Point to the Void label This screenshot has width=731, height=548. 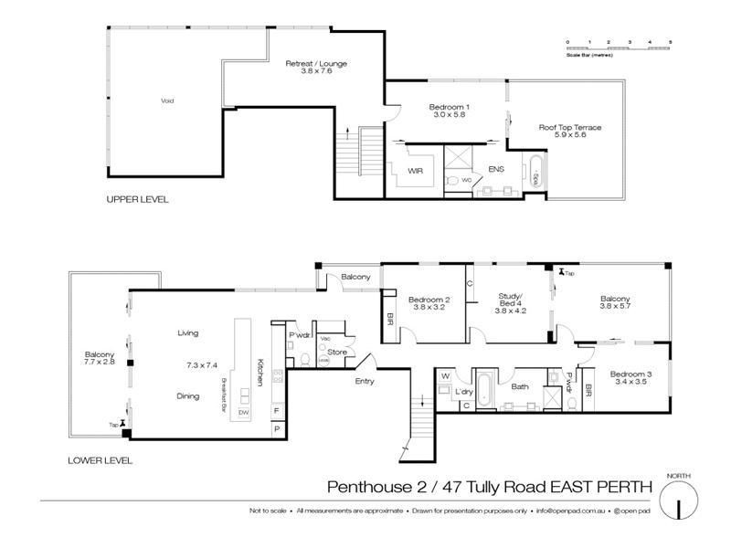point(167,100)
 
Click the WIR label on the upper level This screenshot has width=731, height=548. point(414,170)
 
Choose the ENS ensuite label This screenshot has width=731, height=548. point(496,170)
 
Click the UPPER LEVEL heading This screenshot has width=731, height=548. point(137,199)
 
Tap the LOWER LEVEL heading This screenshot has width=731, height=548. point(100,460)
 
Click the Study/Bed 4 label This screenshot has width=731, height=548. point(511,305)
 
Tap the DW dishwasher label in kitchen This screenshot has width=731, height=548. point(243,414)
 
